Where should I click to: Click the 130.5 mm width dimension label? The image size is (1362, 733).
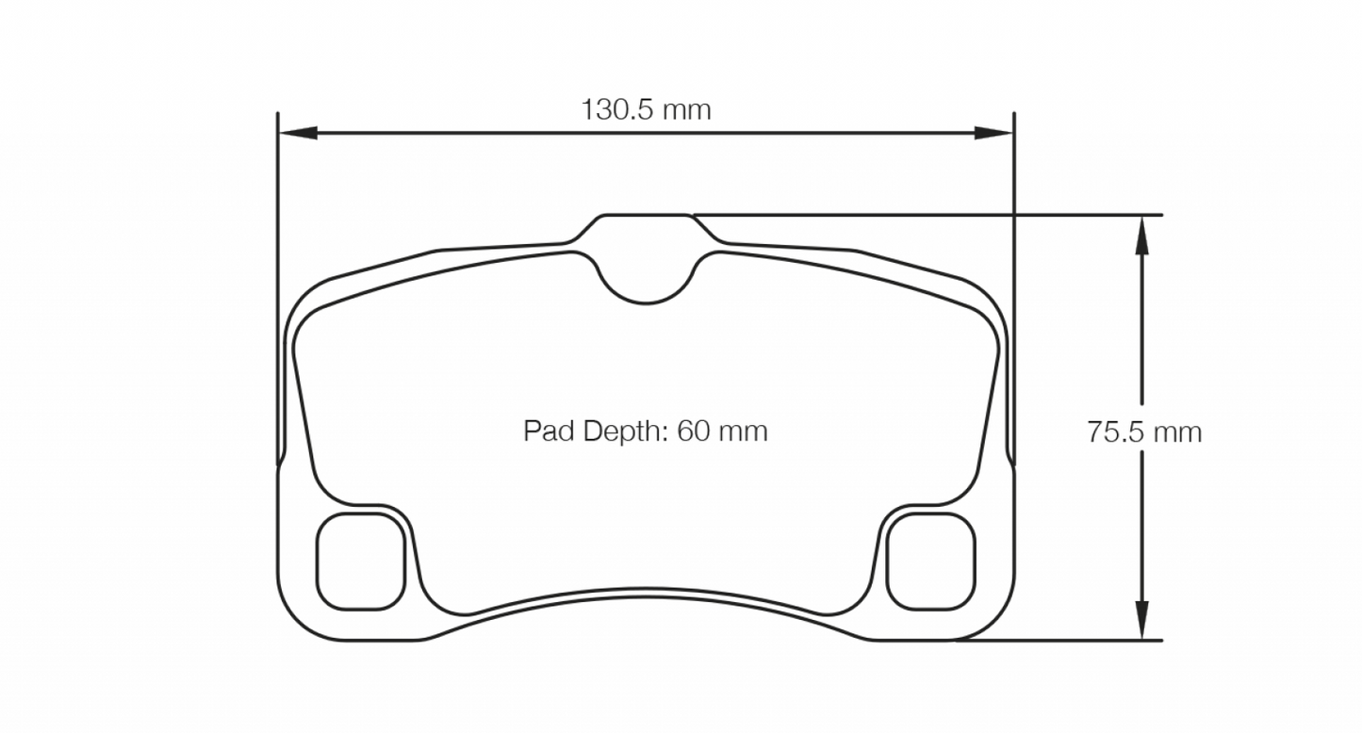646,110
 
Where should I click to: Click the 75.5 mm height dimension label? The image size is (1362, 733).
1143,432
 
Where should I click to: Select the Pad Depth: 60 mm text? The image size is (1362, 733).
646,432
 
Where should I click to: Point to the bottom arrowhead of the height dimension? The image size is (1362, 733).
1141,623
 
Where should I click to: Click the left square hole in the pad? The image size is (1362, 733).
362,562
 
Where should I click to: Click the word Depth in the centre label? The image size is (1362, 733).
620,432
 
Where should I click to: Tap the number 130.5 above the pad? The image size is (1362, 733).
616,110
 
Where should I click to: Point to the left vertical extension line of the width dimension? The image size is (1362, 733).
278,283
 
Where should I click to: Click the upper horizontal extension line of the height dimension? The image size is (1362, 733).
943,215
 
